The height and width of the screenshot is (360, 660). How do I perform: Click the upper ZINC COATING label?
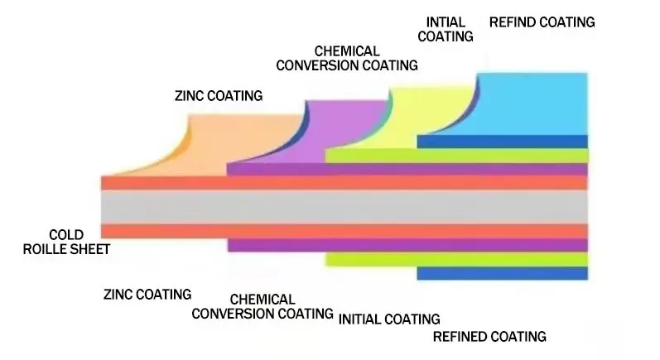pyautogui.click(x=219, y=96)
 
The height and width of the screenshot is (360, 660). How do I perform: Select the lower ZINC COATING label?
pyautogui.click(x=147, y=294)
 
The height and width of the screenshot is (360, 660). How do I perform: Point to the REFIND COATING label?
pyautogui.click(x=542, y=22)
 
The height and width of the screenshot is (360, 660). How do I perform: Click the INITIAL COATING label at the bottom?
pyautogui.click(x=389, y=319)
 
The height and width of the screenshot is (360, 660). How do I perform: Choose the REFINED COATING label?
pyautogui.click(x=490, y=336)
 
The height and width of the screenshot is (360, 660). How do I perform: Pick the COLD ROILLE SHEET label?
pyautogui.click(x=66, y=241)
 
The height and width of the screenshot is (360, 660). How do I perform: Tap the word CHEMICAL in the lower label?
pyautogui.click(x=263, y=299)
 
